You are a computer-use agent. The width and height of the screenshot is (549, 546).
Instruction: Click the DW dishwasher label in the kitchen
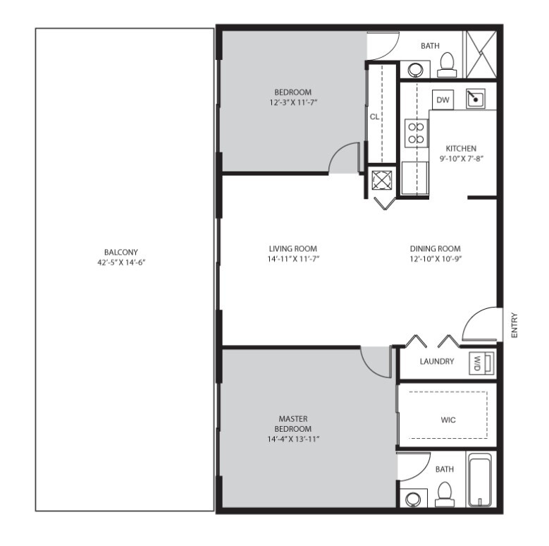(443, 100)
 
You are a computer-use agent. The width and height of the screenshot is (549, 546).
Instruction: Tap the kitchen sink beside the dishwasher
(476, 99)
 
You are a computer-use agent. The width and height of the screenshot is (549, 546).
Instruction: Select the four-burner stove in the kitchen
(415, 133)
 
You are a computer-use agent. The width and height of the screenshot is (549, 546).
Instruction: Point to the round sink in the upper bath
(415, 70)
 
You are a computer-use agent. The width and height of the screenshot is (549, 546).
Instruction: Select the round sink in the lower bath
(414, 499)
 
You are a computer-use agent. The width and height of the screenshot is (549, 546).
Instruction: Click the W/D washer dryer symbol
(480, 364)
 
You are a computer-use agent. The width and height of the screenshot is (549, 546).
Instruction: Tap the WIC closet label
(448, 420)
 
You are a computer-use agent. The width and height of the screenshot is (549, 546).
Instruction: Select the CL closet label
(374, 116)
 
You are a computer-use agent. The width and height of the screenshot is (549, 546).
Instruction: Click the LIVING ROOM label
(292, 248)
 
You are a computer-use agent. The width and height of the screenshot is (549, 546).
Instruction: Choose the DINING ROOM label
(435, 248)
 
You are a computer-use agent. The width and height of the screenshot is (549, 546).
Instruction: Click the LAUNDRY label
(436, 362)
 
